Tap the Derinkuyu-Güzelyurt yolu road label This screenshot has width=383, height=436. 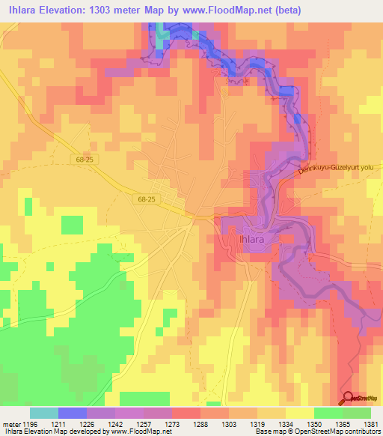[x=335, y=169]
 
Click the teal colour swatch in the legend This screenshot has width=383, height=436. [x=44, y=413]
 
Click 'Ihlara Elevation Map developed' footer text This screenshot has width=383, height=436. [x=52, y=432]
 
